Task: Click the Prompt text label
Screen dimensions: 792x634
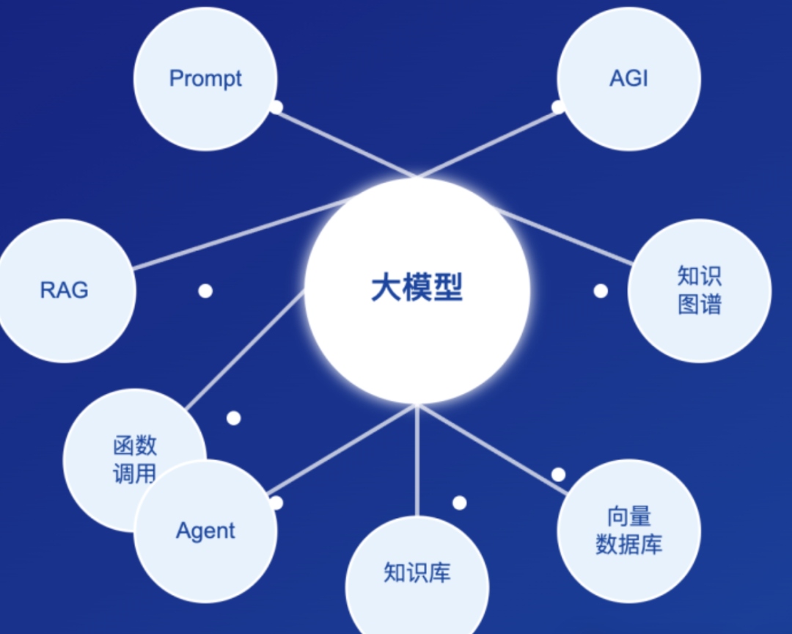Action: point(205,79)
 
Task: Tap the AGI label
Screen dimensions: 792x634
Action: point(628,79)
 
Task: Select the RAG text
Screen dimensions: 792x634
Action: point(64,290)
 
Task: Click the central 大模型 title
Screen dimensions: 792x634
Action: point(417,288)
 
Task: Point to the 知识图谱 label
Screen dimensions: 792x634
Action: point(699,290)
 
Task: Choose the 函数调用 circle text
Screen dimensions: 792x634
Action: point(135,459)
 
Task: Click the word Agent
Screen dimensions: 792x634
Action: point(205,531)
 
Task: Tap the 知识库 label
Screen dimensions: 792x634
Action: point(417,572)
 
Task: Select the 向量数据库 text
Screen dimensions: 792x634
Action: point(628,531)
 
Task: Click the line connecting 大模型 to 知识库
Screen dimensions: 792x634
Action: point(417,462)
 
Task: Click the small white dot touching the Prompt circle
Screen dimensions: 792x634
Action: point(276,107)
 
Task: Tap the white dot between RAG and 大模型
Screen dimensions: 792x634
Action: point(205,291)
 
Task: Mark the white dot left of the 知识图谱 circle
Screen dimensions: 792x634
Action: point(601,291)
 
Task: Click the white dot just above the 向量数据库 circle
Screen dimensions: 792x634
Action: point(558,475)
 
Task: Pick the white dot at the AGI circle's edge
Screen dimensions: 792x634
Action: point(558,107)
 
